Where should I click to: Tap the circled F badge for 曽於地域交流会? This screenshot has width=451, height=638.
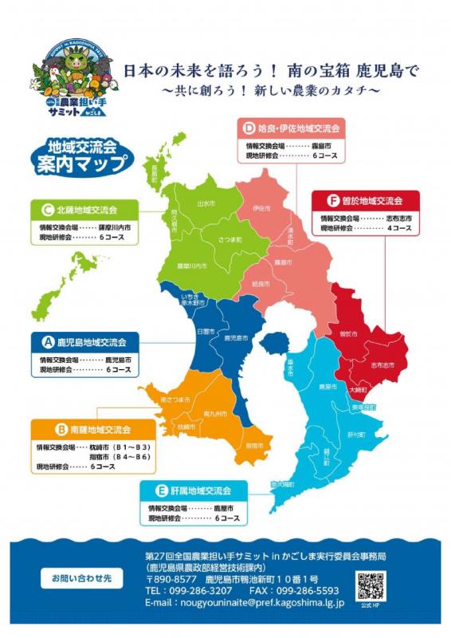333,201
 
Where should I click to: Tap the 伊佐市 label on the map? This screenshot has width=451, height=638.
261,208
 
